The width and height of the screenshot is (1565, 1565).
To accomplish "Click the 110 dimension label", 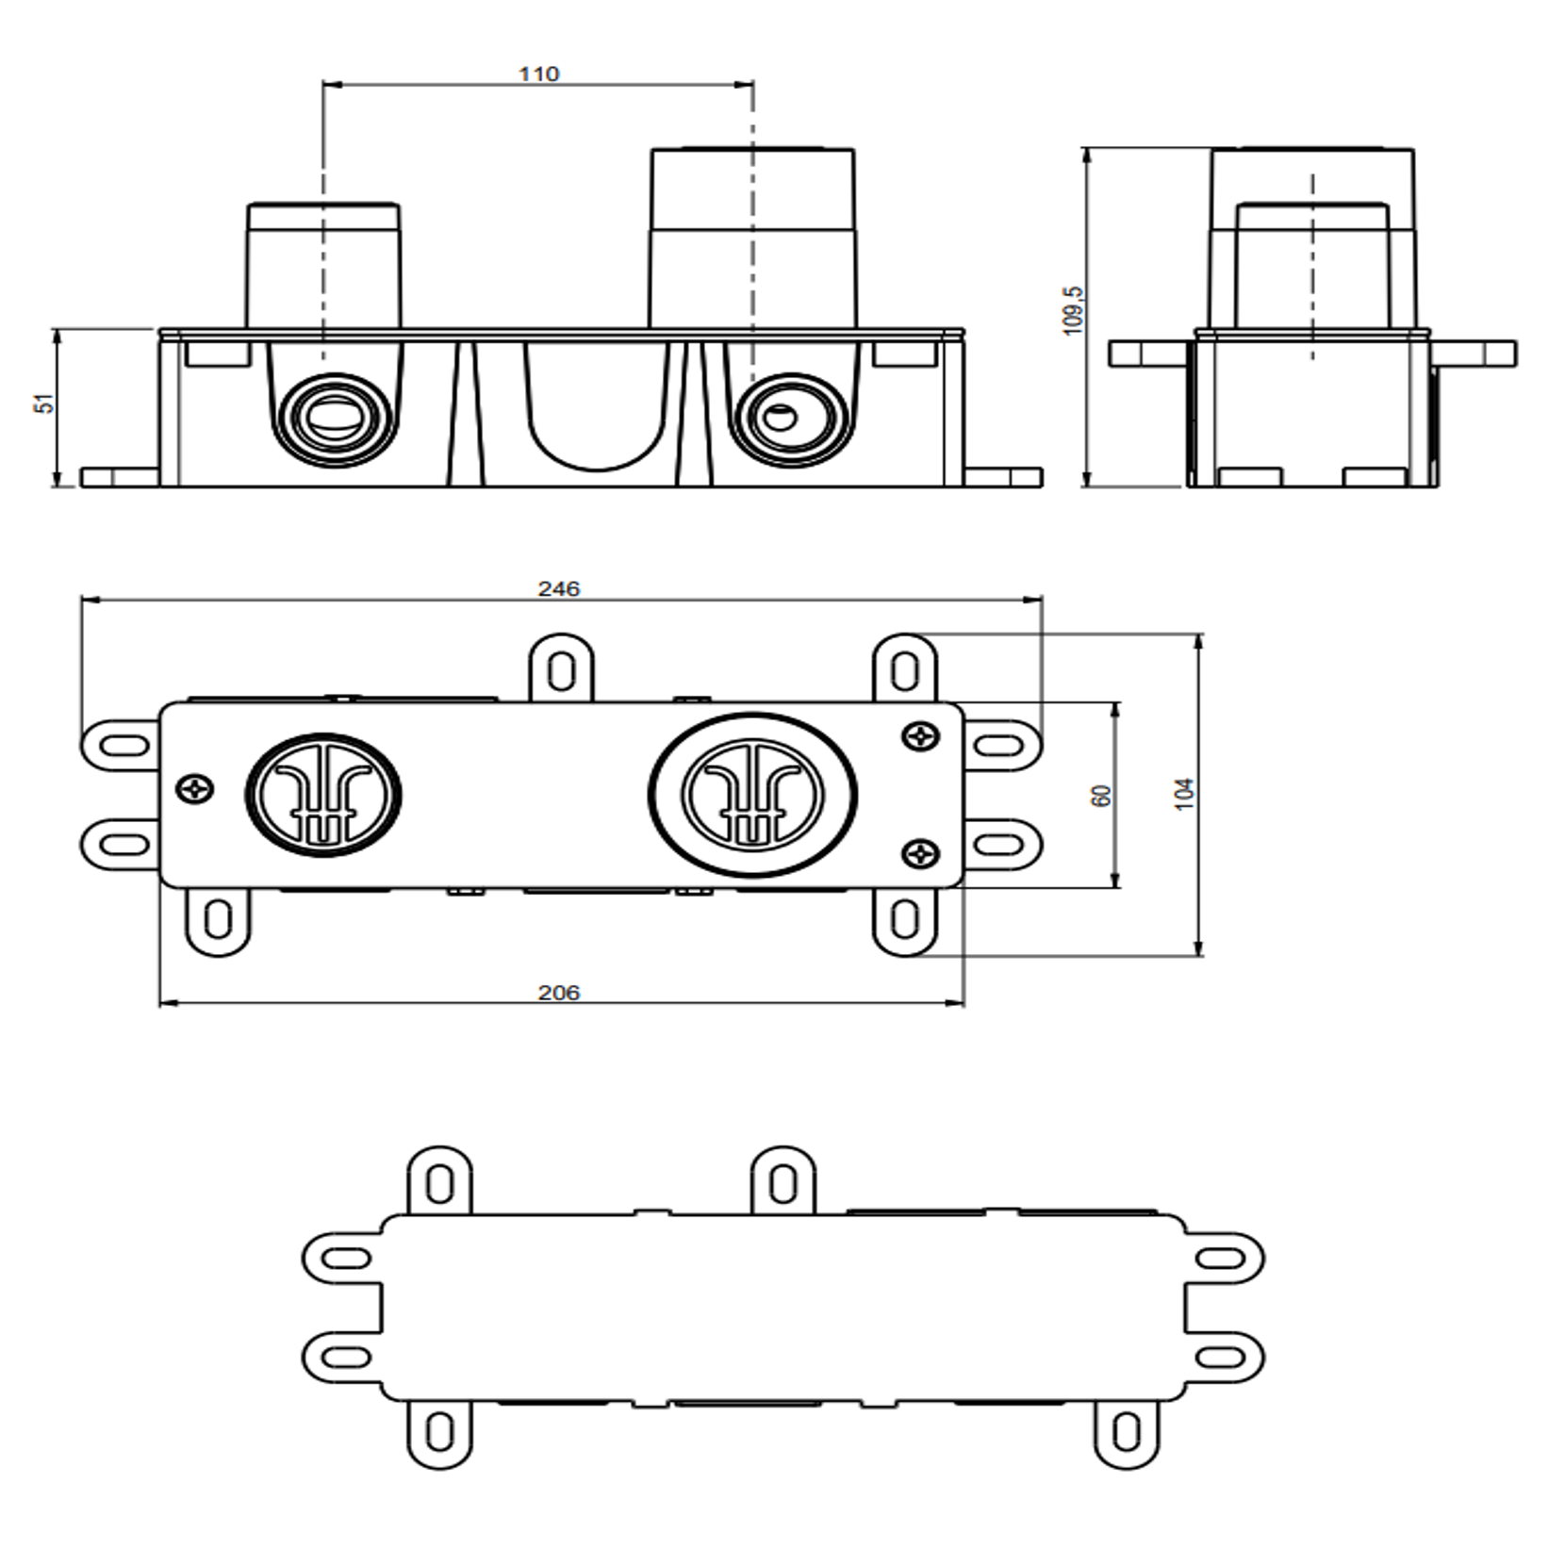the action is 538,74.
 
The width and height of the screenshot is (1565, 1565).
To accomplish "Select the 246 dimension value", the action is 559,589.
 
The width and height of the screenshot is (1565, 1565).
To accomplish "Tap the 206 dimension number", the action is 559,993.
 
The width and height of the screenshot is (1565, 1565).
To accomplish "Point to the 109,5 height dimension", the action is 1073,310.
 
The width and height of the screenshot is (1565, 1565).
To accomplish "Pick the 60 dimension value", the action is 1100,795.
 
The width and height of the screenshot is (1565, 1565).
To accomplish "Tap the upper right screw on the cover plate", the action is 920,735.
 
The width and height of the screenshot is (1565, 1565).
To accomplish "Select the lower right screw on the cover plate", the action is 920,854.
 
